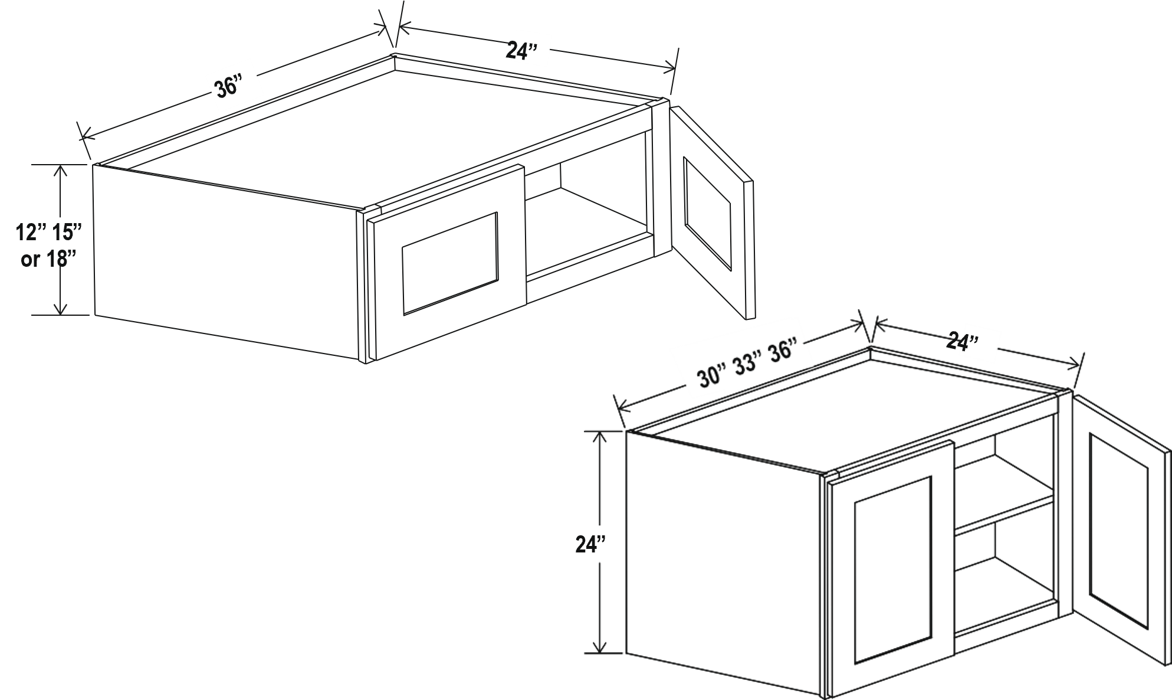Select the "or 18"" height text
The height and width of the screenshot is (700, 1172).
pos(49,259)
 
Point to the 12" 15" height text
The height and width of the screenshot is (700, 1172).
pos(48,233)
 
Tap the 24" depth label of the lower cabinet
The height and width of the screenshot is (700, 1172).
pos(963,341)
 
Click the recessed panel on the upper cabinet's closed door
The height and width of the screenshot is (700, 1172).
pos(450,262)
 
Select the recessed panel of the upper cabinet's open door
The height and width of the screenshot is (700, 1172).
pos(707,213)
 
